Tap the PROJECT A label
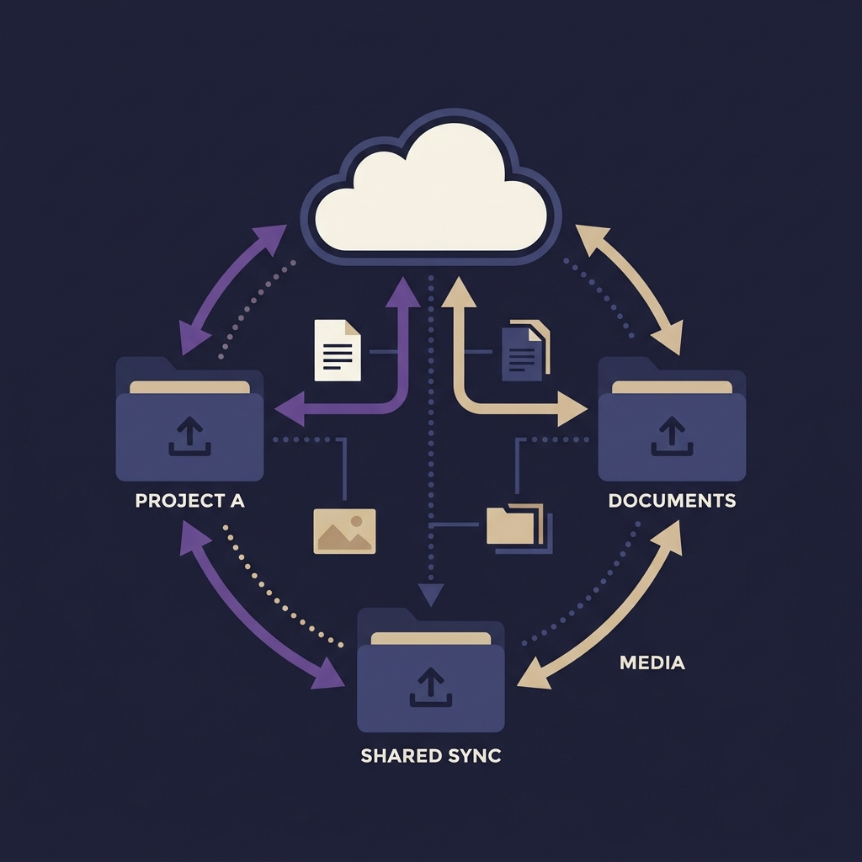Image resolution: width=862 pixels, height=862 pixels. (189, 500)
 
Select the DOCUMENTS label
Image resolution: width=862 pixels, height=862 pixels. (672, 500)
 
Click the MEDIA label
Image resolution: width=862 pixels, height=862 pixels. (652, 662)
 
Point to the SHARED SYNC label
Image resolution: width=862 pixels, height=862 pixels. (431, 756)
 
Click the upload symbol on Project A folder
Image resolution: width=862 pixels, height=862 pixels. (189, 436)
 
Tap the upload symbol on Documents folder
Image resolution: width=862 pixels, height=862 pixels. (672, 436)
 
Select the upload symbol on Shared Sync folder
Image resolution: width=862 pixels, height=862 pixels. (431, 687)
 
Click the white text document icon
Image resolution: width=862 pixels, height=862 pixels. (338, 350)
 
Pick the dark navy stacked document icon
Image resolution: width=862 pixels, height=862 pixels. (525, 350)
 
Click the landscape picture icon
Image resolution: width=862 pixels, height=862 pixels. (344, 531)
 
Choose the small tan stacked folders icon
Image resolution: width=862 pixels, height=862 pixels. (519, 528)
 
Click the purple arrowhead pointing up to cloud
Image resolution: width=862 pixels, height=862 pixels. (403, 292)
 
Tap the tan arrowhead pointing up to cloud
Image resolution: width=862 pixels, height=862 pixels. (459, 292)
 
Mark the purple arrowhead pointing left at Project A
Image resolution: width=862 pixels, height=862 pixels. (290, 408)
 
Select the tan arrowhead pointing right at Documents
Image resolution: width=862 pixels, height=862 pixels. (572, 408)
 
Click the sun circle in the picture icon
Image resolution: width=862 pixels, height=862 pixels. (356, 520)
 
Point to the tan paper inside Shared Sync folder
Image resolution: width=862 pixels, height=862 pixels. (431, 638)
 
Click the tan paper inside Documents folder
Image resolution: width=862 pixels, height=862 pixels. (672, 387)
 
